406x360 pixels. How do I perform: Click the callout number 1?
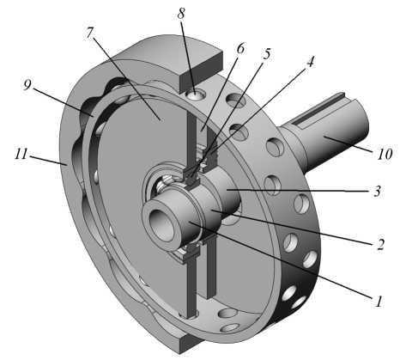pyautogui.click(x=379, y=302)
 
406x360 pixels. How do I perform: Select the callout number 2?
pyautogui.click(x=380, y=244)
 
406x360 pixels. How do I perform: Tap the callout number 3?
pyautogui.click(x=378, y=191)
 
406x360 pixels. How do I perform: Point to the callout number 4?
pyautogui.click(x=310, y=61)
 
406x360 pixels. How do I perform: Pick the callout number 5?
pyautogui.click(x=266, y=53)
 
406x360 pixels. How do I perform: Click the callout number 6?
pyautogui.click(x=240, y=49)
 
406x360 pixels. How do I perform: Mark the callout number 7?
pyautogui.click(x=89, y=34)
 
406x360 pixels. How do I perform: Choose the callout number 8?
pyautogui.click(x=181, y=14)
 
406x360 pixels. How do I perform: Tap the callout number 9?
pyautogui.click(x=27, y=85)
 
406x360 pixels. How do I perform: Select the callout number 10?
pyautogui.click(x=385, y=155)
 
